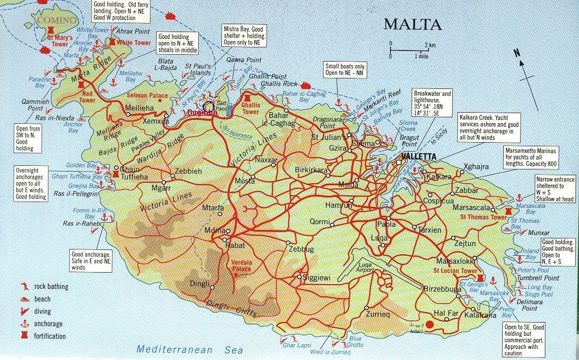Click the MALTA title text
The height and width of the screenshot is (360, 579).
[412, 24]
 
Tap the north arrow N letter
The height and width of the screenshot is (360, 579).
[517, 52]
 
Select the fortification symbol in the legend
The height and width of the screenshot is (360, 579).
[24, 336]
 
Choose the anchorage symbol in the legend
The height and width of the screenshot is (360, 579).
[24, 324]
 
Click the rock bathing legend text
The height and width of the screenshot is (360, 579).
[51, 287]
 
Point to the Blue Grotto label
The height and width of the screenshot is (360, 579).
[355, 342]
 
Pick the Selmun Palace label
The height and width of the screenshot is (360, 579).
[147, 95]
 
